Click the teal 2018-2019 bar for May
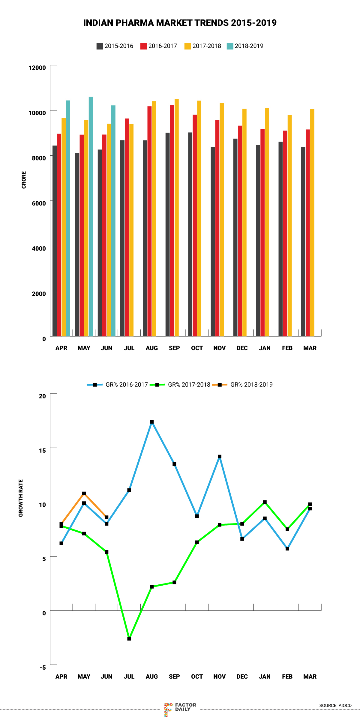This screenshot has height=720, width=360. [x=91, y=216]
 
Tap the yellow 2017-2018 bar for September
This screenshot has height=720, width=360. [x=177, y=217]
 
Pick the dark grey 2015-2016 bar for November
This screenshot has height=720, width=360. [x=213, y=241]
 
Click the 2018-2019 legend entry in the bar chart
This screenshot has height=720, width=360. [x=245, y=46]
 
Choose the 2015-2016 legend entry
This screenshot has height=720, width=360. [x=115, y=46]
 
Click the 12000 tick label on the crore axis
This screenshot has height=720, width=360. [x=37, y=67]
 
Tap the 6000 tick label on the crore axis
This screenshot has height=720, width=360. [x=39, y=203]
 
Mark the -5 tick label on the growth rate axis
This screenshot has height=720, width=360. [x=43, y=667]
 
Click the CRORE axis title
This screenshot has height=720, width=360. [x=24, y=180]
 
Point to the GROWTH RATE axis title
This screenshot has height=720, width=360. [x=21, y=498]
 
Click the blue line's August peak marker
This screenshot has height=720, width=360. [x=152, y=422]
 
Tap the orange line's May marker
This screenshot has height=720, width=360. [x=84, y=493]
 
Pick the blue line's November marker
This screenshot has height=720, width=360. [x=220, y=457]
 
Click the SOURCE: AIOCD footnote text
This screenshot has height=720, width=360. [x=335, y=706]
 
